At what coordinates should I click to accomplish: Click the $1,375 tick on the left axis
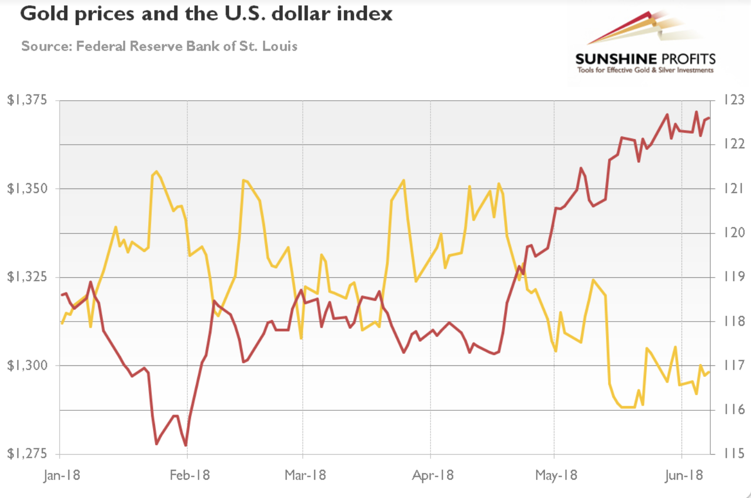(27, 100)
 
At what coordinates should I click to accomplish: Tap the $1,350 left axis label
(27, 188)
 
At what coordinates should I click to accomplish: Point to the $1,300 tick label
(27, 365)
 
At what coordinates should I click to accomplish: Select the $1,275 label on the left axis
(27, 454)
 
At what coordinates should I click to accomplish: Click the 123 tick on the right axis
(734, 100)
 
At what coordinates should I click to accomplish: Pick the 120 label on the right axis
(734, 232)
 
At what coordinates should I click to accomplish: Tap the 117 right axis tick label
(734, 365)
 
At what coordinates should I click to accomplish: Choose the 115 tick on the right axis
(734, 454)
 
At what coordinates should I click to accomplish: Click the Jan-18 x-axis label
(62, 476)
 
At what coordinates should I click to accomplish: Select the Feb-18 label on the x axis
(189, 476)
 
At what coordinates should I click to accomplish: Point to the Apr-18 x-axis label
(433, 476)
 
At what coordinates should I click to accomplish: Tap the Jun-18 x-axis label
(684, 476)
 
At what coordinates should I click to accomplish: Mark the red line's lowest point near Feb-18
(186, 445)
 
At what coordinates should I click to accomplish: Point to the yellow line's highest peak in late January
(157, 171)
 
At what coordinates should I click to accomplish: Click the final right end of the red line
(709, 118)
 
